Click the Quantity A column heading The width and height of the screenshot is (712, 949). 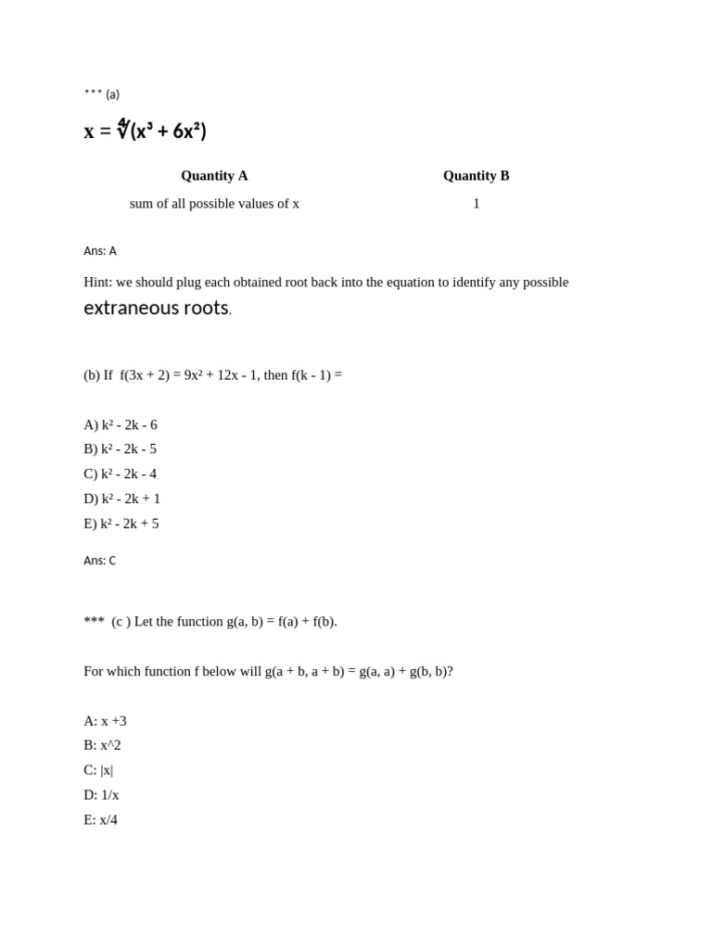pyautogui.click(x=214, y=176)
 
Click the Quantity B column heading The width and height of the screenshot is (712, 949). pyautogui.click(x=476, y=176)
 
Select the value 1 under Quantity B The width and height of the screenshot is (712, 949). pyautogui.click(x=477, y=204)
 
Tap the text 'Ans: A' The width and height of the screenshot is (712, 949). pyautogui.click(x=100, y=251)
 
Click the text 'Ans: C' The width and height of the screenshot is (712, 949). pyautogui.click(x=100, y=561)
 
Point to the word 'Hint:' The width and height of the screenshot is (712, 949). pyautogui.click(x=97, y=283)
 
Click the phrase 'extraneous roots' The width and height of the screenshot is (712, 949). pyautogui.click(x=156, y=309)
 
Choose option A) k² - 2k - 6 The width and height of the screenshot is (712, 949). pyautogui.click(x=121, y=425)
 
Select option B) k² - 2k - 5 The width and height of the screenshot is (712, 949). pyautogui.click(x=120, y=449)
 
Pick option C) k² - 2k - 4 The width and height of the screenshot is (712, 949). pyautogui.click(x=120, y=474)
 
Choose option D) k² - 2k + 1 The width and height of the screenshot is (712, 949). pyautogui.click(x=121, y=500)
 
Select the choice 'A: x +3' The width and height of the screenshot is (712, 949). pyautogui.click(x=105, y=721)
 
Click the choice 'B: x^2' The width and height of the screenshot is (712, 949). pyautogui.click(x=102, y=745)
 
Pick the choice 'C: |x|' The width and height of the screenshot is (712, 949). pyautogui.click(x=98, y=770)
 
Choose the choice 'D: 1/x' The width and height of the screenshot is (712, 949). pyautogui.click(x=101, y=795)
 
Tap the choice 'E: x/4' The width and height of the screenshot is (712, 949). pyautogui.click(x=100, y=820)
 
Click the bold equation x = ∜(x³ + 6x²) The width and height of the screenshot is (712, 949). pyautogui.click(x=146, y=131)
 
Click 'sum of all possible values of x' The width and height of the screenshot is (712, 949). pyautogui.click(x=214, y=204)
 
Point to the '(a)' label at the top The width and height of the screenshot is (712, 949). pyautogui.click(x=112, y=95)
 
